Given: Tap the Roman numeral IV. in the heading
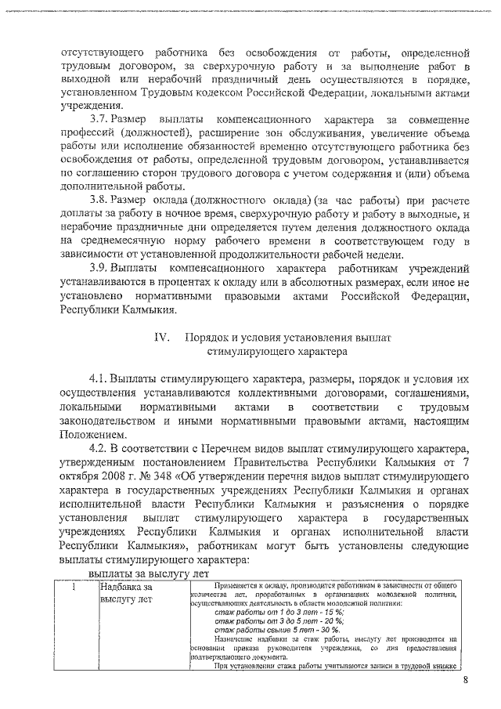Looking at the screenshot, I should click(x=162, y=336).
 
